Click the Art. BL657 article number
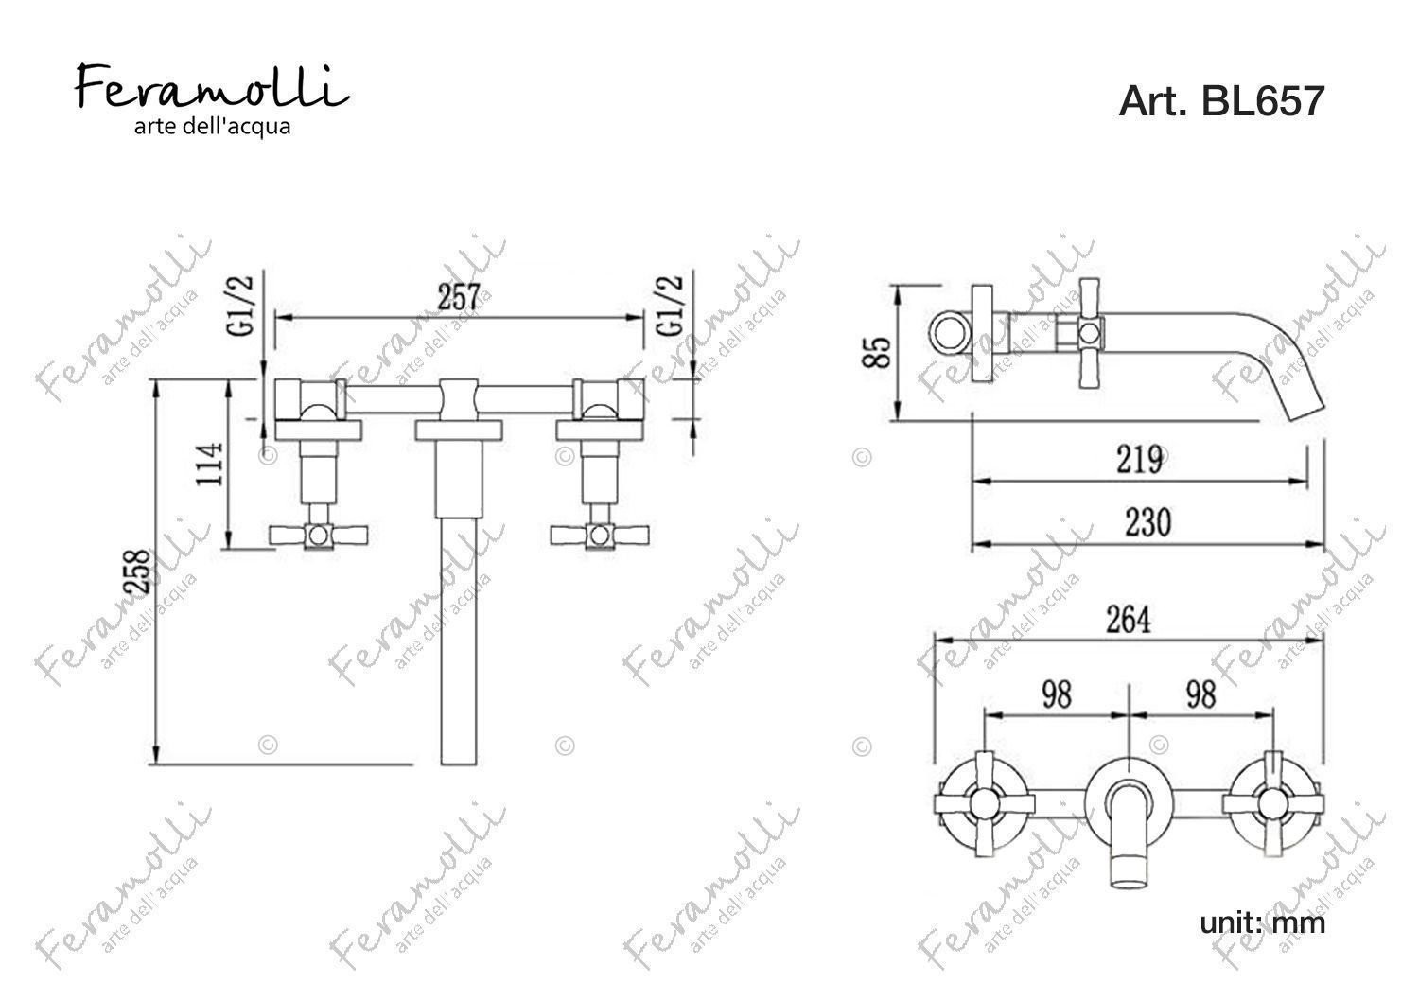coord(1221,100)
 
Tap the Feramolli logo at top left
coord(212,87)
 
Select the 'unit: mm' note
coord(1262,922)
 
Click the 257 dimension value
coord(460,297)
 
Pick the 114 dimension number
coord(210,465)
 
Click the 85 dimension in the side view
coord(877,352)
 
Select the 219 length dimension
coord(1139,460)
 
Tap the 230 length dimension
coord(1147,522)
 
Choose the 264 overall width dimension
coord(1129,620)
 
